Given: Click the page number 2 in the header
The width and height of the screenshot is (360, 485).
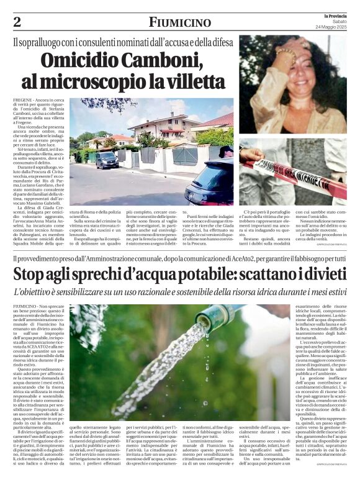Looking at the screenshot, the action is [x=17, y=22].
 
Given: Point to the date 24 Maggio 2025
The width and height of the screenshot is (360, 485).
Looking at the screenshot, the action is [x=333, y=27].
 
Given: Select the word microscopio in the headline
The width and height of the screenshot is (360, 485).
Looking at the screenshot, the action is [x=133, y=81].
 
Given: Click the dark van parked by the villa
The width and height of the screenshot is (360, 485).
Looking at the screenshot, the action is [x=107, y=161].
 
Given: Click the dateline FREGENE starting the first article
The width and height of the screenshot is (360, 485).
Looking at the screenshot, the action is [x=22, y=100].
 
